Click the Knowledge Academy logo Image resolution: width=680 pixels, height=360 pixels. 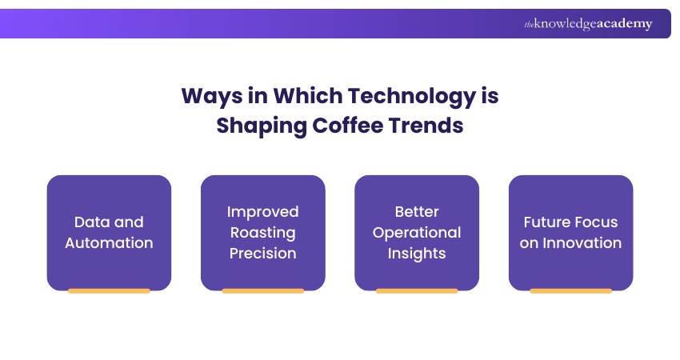(588, 24)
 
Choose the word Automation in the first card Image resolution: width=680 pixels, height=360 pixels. (109, 242)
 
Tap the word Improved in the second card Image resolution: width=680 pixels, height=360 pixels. (262, 211)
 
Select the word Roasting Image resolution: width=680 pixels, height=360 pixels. (262, 232)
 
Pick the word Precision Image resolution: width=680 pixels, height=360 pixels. (262, 253)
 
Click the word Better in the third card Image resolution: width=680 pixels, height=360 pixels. (416, 211)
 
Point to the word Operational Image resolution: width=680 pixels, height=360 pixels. (416, 232)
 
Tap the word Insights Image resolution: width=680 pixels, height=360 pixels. (416, 253)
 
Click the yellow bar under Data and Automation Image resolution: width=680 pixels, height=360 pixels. (109, 291)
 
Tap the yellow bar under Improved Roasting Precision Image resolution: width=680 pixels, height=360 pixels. (262, 291)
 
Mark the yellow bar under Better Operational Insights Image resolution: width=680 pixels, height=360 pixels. (416, 291)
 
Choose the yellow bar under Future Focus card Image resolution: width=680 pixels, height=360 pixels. (570, 291)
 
